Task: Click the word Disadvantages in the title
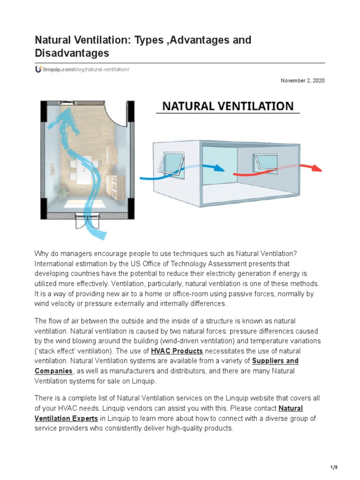click(x=72, y=53)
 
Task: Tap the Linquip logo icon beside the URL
click(x=38, y=69)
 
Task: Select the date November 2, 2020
click(x=302, y=81)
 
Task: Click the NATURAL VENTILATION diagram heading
click(x=228, y=106)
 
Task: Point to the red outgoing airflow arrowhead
click(x=317, y=169)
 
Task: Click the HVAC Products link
click(x=177, y=351)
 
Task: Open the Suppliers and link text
click(x=275, y=361)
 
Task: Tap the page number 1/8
click(x=334, y=468)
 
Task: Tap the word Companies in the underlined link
click(x=53, y=371)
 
